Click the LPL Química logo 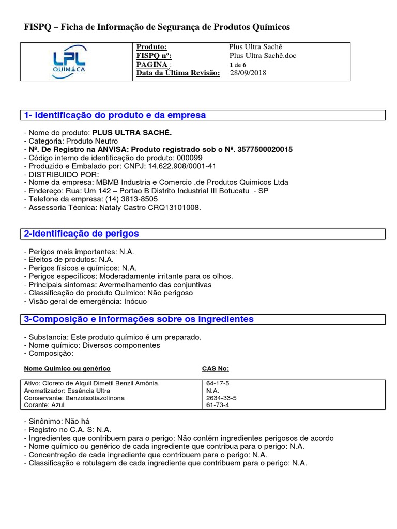click(69, 61)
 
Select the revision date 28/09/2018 click(248, 73)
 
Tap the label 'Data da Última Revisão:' click(178, 73)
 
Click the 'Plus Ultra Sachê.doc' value click(263, 56)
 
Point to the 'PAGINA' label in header click(152, 65)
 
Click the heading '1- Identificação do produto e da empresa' click(115, 115)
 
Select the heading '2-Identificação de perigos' click(82, 234)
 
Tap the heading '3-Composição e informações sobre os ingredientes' click(139, 319)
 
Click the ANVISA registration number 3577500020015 click(264, 149)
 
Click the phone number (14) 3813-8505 click(131, 199)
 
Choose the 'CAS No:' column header click(215, 368)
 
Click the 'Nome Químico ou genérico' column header click(67, 368)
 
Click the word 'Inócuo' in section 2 click(135, 301)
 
